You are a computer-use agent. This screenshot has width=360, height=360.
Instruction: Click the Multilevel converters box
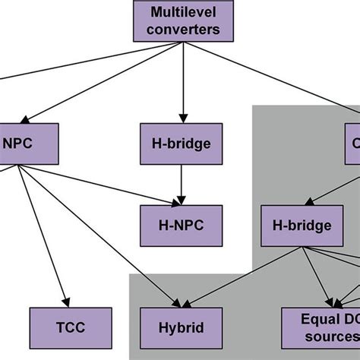point(181,21)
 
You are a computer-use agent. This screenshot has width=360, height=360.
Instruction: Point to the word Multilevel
point(181,13)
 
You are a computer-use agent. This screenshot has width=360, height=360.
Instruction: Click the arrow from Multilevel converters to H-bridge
point(181,84)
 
